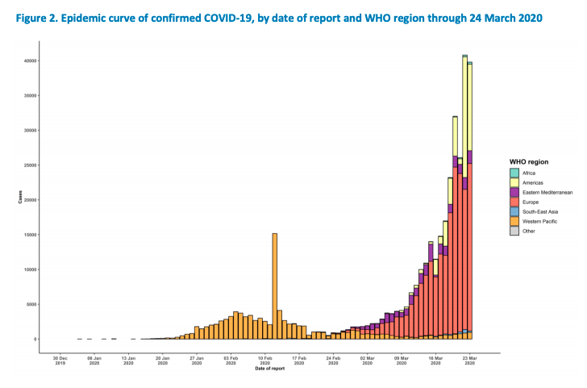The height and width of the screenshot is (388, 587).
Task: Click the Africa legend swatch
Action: [x=514, y=173]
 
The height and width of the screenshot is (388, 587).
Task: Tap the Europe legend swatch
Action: [x=514, y=202]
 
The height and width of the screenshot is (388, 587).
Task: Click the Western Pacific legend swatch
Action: [x=514, y=222]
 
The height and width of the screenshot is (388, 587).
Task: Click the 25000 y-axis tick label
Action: [x=30, y=165]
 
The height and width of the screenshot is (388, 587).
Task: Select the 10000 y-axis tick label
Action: [x=30, y=269]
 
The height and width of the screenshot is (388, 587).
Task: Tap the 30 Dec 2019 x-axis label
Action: [x=60, y=360]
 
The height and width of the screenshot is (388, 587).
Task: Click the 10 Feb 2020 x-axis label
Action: [x=264, y=360]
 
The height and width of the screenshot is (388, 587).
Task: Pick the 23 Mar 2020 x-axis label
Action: [x=469, y=360]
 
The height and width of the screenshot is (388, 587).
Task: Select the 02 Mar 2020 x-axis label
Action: [x=367, y=360]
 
